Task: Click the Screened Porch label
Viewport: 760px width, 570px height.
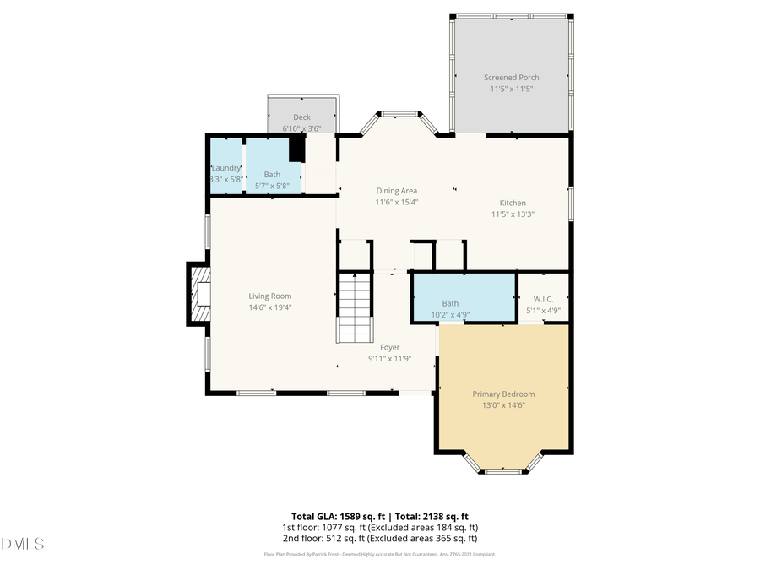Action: [511, 78]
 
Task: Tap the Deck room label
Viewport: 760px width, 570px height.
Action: [301, 117]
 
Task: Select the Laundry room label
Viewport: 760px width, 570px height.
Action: [226, 168]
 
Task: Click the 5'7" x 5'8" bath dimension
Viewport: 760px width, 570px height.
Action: [272, 186]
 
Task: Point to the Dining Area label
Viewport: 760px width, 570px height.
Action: [396, 191]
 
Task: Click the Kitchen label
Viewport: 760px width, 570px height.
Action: [513, 203]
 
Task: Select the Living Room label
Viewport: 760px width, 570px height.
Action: [269, 296]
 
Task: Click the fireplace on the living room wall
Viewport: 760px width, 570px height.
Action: [198, 294]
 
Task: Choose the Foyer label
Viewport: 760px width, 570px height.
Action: [389, 347]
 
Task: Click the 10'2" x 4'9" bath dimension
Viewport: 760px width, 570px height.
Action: [450, 315]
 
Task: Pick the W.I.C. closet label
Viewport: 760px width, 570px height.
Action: [542, 299]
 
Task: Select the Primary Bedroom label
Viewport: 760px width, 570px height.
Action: [503, 394]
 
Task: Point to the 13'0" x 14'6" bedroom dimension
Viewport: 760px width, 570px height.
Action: [503, 406]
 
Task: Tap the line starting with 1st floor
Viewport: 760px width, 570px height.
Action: [380, 527]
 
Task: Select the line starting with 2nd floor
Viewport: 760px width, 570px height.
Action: [380, 538]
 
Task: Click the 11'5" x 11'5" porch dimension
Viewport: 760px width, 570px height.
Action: [511, 89]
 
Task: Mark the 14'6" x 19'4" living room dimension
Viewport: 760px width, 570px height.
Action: [269, 307]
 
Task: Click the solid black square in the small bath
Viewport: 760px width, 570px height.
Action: [296, 149]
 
